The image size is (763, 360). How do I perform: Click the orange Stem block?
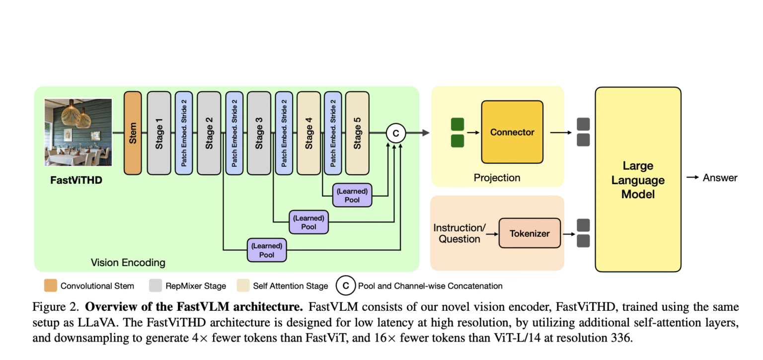tap(133, 133)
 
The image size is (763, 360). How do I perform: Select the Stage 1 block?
tap(159, 133)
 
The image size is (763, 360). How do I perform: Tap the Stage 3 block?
tap(259, 133)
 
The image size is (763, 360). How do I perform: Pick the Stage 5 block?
tap(357, 133)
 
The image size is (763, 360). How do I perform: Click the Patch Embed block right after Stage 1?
tap(184, 133)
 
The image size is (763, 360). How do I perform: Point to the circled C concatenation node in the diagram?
tap(396, 133)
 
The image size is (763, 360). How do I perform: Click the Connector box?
tap(512, 132)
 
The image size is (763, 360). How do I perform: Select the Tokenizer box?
tap(530, 233)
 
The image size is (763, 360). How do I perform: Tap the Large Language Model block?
tap(638, 179)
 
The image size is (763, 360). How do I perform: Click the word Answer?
tap(720, 178)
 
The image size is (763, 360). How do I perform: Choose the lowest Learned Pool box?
tap(267, 250)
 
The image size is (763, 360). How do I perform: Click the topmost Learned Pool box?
tap(352, 195)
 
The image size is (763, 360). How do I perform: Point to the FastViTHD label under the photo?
tap(76, 180)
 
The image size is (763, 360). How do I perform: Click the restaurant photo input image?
tap(78, 132)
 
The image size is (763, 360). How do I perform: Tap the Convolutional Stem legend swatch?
tap(50, 286)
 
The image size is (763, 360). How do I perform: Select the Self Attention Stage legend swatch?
tap(242, 286)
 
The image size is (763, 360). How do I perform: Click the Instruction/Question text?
tap(459, 233)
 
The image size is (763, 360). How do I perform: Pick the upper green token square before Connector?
tap(457, 124)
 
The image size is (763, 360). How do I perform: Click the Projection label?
tap(497, 178)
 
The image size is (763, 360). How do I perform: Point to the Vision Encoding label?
tap(128, 262)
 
